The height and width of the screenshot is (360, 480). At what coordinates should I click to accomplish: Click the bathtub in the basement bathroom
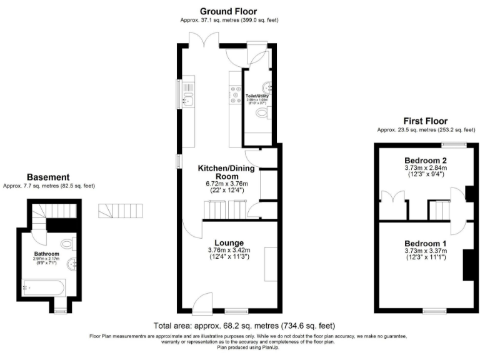tap(42, 289)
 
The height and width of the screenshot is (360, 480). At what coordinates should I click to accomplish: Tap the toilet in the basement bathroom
tap(68, 243)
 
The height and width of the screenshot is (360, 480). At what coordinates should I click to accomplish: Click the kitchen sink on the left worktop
tap(187, 98)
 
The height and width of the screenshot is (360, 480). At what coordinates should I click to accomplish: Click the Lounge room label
tap(229, 242)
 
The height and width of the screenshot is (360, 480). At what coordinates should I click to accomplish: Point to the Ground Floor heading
tap(228, 11)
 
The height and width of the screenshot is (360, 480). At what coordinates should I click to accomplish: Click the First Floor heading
tap(425, 121)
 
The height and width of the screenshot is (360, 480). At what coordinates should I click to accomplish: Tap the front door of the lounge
tap(202, 305)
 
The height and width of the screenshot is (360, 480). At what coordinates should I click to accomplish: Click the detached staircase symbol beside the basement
tap(121, 211)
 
